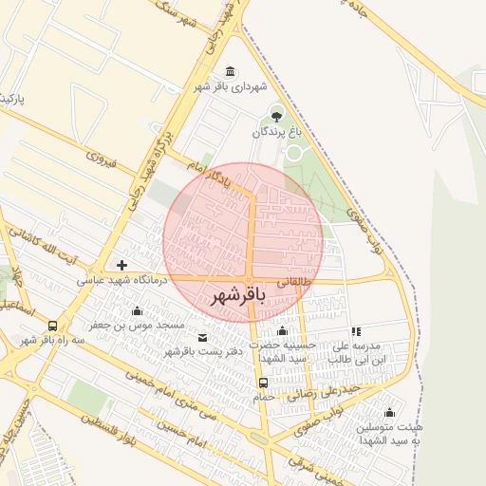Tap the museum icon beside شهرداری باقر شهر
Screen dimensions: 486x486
[231, 73]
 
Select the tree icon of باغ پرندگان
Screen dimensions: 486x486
[276, 117]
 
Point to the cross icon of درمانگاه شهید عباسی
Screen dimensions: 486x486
[121, 265]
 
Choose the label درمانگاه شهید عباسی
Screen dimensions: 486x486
[121, 280]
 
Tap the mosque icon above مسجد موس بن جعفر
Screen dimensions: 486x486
[137, 310]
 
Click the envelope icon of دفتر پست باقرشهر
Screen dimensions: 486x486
[202, 337]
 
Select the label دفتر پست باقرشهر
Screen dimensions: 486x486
[203, 352]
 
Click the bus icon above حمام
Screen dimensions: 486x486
[263, 383]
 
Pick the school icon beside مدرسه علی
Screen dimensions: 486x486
[357, 331]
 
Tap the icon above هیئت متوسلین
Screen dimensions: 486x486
[389, 412]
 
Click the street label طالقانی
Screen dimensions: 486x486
[293, 282]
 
